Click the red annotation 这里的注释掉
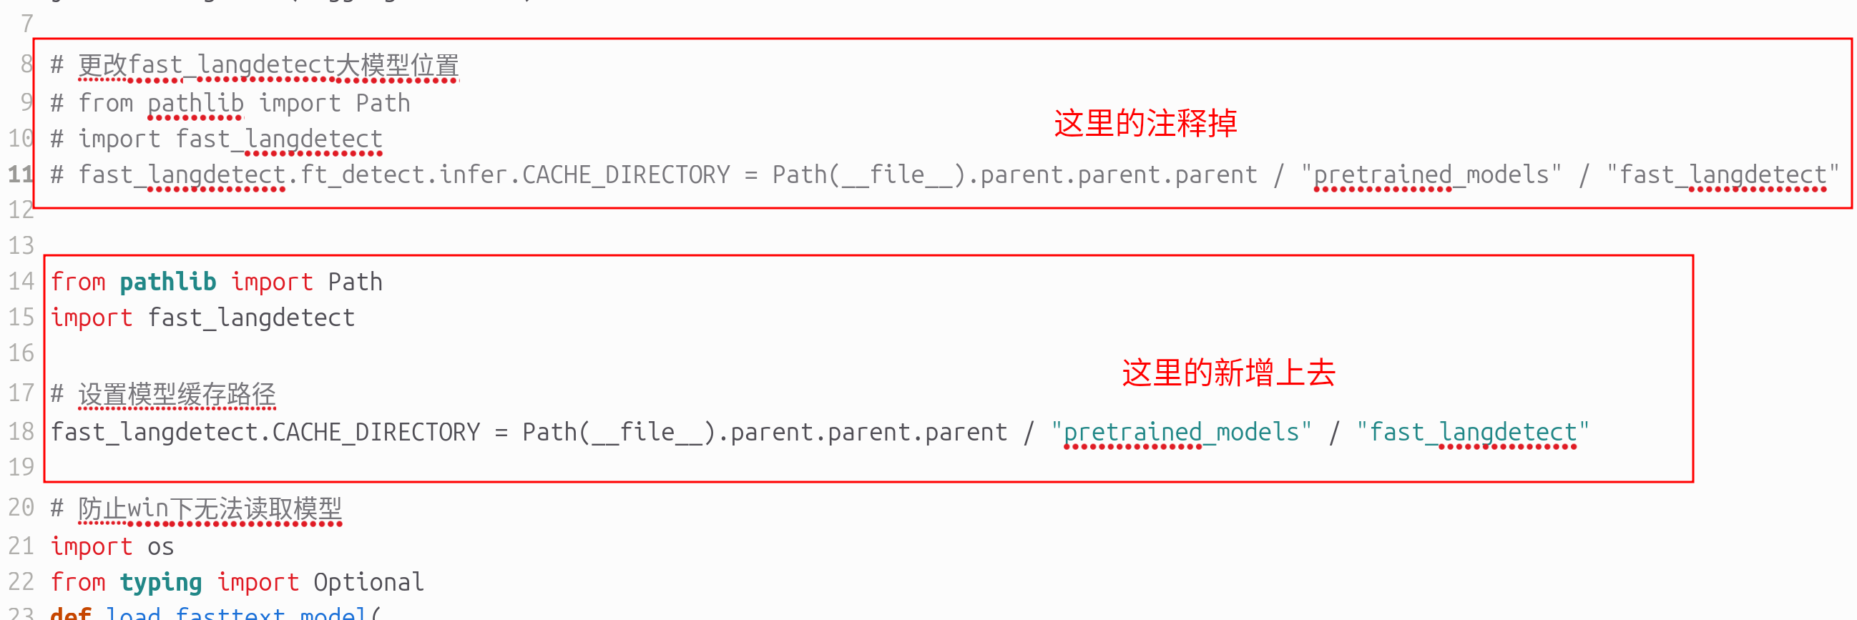[1145, 123]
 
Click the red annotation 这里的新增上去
[1228, 373]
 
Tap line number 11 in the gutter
[20, 174]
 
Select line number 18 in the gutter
[21, 432]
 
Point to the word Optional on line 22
[368, 582]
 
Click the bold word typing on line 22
[161, 582]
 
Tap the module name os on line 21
[161, 546]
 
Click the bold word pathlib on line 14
[168, 282]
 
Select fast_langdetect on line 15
[252, 318]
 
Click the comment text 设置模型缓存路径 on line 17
[177, 394]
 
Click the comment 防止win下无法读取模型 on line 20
[210, 508]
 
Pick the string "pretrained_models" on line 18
[1181, 432]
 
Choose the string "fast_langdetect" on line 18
[1473, 432]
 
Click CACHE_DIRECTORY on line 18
[376, 432]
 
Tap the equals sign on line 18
[501, 433]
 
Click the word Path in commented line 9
[383, 104]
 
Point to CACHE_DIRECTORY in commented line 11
[626, 174]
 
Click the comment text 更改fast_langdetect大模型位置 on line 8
[268, 65]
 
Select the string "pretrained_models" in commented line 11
[1431, 174]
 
